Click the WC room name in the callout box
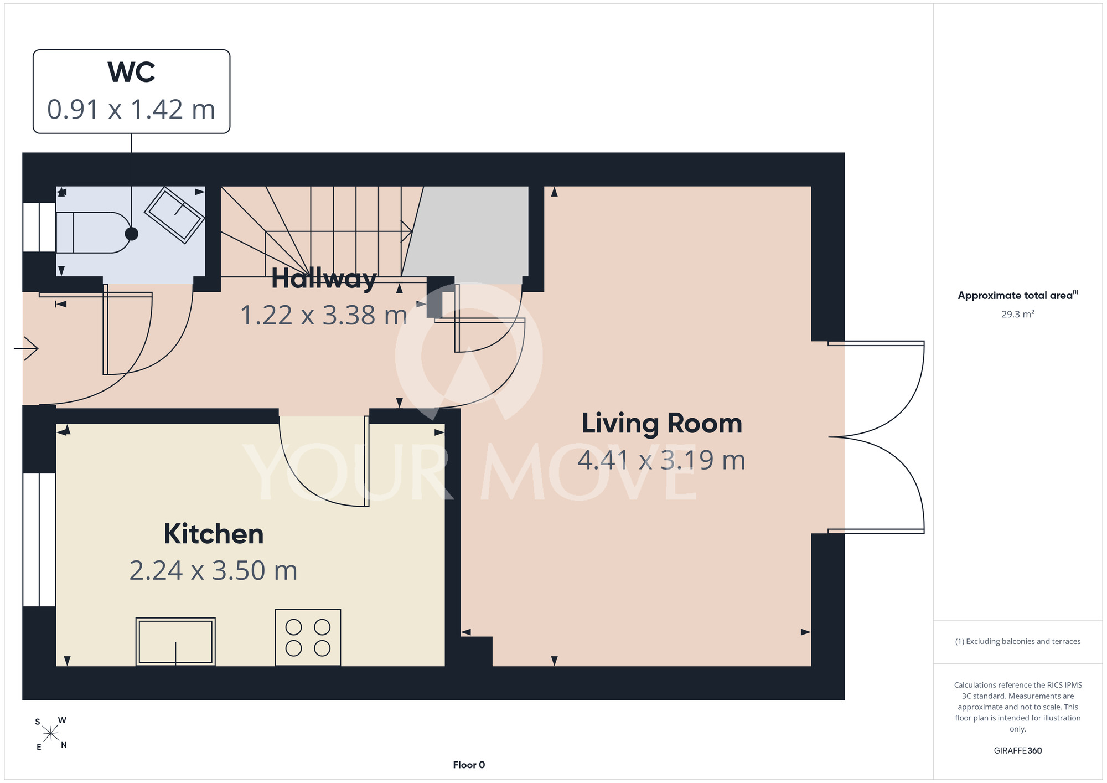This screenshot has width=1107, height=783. point(131,72)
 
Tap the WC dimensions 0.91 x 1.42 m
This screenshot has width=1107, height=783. point(131,109)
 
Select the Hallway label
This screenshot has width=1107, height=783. point(324,279)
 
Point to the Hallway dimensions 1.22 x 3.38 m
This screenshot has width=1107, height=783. point(324,315)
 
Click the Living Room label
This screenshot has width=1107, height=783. point(661,424)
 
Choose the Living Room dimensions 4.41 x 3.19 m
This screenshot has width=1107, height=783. point(661,460)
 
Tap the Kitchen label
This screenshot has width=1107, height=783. point(214,534)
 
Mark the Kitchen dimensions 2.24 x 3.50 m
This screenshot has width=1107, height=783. point(214,571)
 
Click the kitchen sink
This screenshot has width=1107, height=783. point(175,641)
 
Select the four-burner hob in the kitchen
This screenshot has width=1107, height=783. point(308,637)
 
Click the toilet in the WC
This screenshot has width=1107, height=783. point(93,233)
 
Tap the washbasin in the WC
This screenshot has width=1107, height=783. point(174,215)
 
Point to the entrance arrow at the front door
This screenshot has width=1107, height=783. point(26,348)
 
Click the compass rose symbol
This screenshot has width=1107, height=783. point(51,734)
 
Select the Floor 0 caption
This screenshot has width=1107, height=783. point(469,765)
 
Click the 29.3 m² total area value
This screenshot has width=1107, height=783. point(1018,314)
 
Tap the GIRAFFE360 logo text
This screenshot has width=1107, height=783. point(1018,751)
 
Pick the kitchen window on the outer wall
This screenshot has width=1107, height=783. point(39,540)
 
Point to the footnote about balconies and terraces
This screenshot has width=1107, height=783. point(1018,641)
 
